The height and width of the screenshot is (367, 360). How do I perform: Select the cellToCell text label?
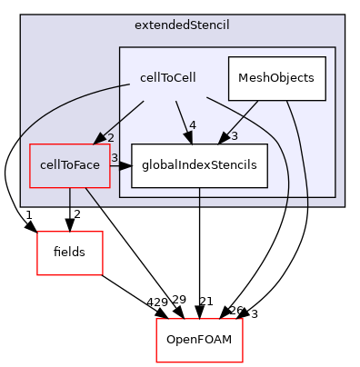pyautogui.click(x=167, y=78)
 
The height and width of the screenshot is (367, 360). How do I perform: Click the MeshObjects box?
pyautogui.click(x=276, y=78)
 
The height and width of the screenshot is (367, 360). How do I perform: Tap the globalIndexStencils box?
pyautogui.click(x=199, y=165)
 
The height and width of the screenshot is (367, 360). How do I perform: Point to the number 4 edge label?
pyautogui.click(x=192, y=124)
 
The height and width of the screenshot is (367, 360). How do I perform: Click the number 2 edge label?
pyautogui.click(x=110, y=136)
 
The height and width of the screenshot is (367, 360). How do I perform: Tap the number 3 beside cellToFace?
pyautogui.click(x=115, y=158)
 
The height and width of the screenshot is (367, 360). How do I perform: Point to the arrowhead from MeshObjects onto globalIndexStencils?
pyautogui.click(x=223, y=138)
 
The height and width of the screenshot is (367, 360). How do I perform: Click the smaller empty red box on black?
pyautogui.click(x=69, y=253)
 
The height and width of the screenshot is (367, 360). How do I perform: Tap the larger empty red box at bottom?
pyautogui.click(x=199, y=340)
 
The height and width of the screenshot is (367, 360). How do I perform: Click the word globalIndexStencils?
pyautogui.click(x=199, y=165)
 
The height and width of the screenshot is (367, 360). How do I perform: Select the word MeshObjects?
pyautogui.click(x=276, y=78)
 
